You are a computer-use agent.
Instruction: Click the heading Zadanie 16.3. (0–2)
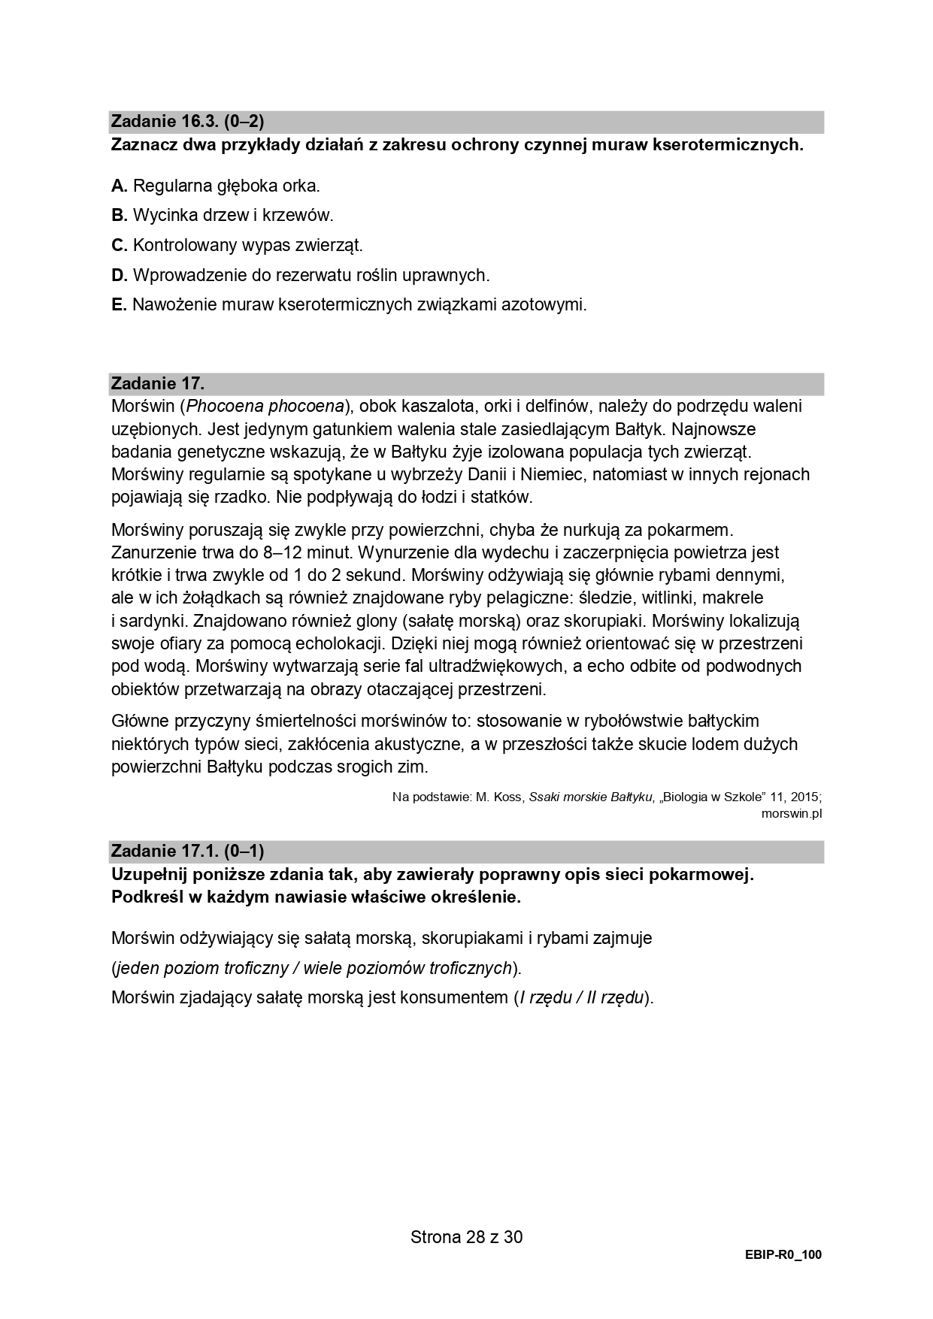click(187, 121)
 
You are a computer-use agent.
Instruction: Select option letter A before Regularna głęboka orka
click(119, 186)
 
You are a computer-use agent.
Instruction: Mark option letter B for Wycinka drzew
click(119, 216)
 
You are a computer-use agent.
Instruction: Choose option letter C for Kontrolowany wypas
click(119, 246)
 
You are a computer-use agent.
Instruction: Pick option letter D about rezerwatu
click(119, 276)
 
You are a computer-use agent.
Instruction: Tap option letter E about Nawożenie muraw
click(119, 305)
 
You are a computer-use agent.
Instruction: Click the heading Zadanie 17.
click(157, 383)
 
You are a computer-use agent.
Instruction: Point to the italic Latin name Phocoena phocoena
click(265, 407)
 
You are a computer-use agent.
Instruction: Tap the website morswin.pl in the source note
click(791, 814)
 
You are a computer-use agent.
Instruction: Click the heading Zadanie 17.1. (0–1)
click(187, 852)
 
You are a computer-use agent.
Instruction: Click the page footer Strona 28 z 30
click(466, 1237)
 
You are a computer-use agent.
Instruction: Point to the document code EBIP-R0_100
click(783, 1255)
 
